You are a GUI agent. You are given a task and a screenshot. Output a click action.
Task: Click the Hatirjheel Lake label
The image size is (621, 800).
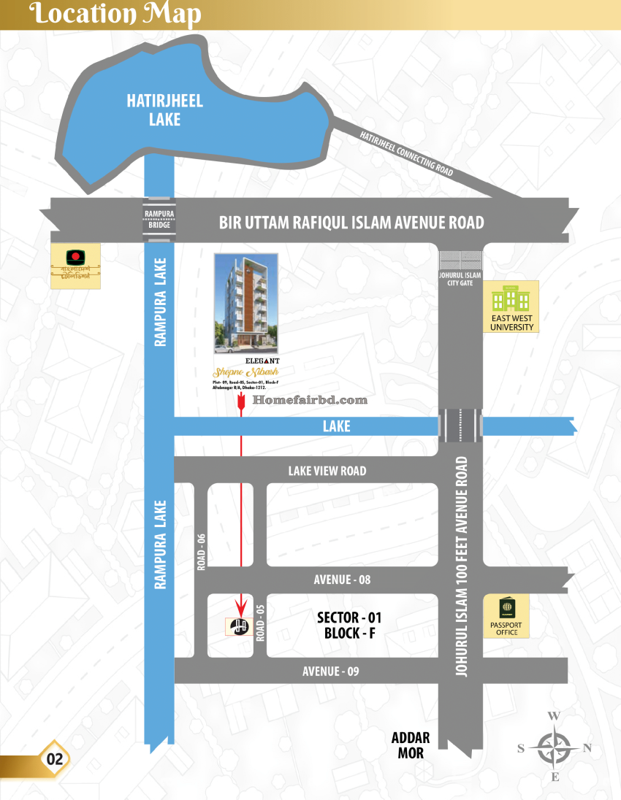click(164, 110)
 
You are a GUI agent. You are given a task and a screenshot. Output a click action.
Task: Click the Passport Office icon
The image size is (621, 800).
click(506, 609)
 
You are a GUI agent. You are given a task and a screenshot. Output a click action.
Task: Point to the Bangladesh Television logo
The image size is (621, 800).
click(75, 258)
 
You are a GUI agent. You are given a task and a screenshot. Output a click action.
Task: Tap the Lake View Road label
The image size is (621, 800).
click(327, 471)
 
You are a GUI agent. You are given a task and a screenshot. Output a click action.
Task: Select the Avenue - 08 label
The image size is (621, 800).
click(342, 580)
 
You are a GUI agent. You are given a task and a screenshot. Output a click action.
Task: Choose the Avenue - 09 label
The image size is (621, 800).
click(331, 671)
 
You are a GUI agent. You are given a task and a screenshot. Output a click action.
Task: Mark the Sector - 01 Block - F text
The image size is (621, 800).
click(349, 626)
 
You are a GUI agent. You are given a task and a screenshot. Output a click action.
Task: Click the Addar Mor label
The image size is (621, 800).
click(411, 745)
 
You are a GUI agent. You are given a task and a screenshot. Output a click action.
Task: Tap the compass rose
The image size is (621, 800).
click(555, 747)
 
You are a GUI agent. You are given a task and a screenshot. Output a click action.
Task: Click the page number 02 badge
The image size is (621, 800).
click(56, 758)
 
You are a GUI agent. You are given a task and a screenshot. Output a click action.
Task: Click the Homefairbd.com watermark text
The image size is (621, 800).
click(309, 400)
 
